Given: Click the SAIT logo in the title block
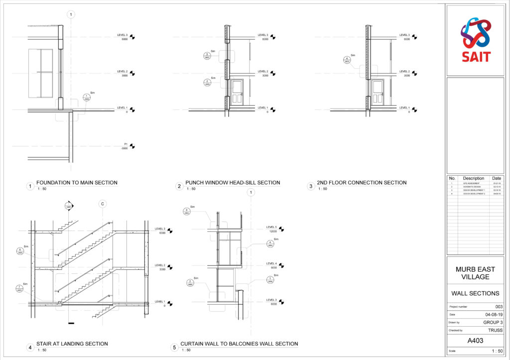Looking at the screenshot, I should coord(475,39).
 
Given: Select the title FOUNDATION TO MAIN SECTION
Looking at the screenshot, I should coord(77,183).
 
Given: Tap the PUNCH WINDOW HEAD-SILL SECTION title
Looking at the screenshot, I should coord(233,183).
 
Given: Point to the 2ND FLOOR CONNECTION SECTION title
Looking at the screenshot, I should coord(362,183).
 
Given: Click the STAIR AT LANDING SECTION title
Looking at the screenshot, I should coord(72,344).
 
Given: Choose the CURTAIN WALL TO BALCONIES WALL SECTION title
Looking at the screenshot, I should coord(239,344).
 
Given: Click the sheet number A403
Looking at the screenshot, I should coord(476,341).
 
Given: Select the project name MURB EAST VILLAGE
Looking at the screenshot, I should coord(476,273).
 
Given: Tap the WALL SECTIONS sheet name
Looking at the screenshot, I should coord(476,293).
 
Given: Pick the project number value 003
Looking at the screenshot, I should coord(499,307).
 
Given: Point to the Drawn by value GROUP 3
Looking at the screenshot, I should coord(493,323).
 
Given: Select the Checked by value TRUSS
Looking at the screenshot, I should coord(495,330).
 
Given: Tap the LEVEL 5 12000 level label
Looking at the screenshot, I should coord(271,229).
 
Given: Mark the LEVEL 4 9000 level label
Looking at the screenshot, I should coord(271,265).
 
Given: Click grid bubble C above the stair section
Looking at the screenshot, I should coord(102,204).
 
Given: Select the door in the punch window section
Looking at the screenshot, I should coord(237,93).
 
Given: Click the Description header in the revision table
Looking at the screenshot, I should coord(473,178).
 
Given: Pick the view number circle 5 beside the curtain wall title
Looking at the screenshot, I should coord(174,348).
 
